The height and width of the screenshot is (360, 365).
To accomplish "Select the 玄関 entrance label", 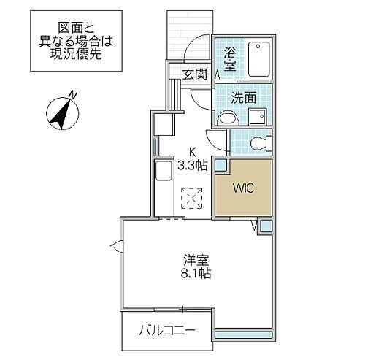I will pyautogui.click(x=194, y=74).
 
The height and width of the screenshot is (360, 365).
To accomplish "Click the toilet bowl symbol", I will pyautogui.click(x=257, y=143).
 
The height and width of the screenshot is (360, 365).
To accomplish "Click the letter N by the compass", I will pyautogui.click(x=74, y=93).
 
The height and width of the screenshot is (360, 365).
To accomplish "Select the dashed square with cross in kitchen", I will pyautogui.click(x=192, y=197).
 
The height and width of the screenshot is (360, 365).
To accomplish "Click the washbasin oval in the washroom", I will pyautogui.click(x=227, y=116).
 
